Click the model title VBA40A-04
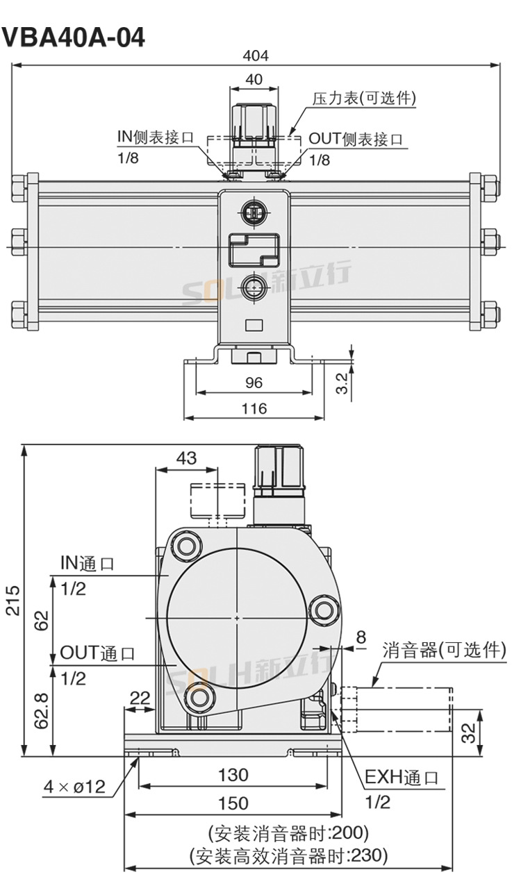click(74, 37)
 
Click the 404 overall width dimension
click(255, 56)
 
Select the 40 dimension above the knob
click(254, 79)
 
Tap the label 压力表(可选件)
click(363, 99)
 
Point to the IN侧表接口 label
click(155, 137)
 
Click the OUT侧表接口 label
click(356, 138)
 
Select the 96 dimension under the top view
click(254, 383)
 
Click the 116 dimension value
click(254, 408)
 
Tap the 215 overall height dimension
click(13, 600)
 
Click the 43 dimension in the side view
click(187, 458)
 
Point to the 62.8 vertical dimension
click(42, 710)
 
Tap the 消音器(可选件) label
click(445, 650)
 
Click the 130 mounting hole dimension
click(233, 774)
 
